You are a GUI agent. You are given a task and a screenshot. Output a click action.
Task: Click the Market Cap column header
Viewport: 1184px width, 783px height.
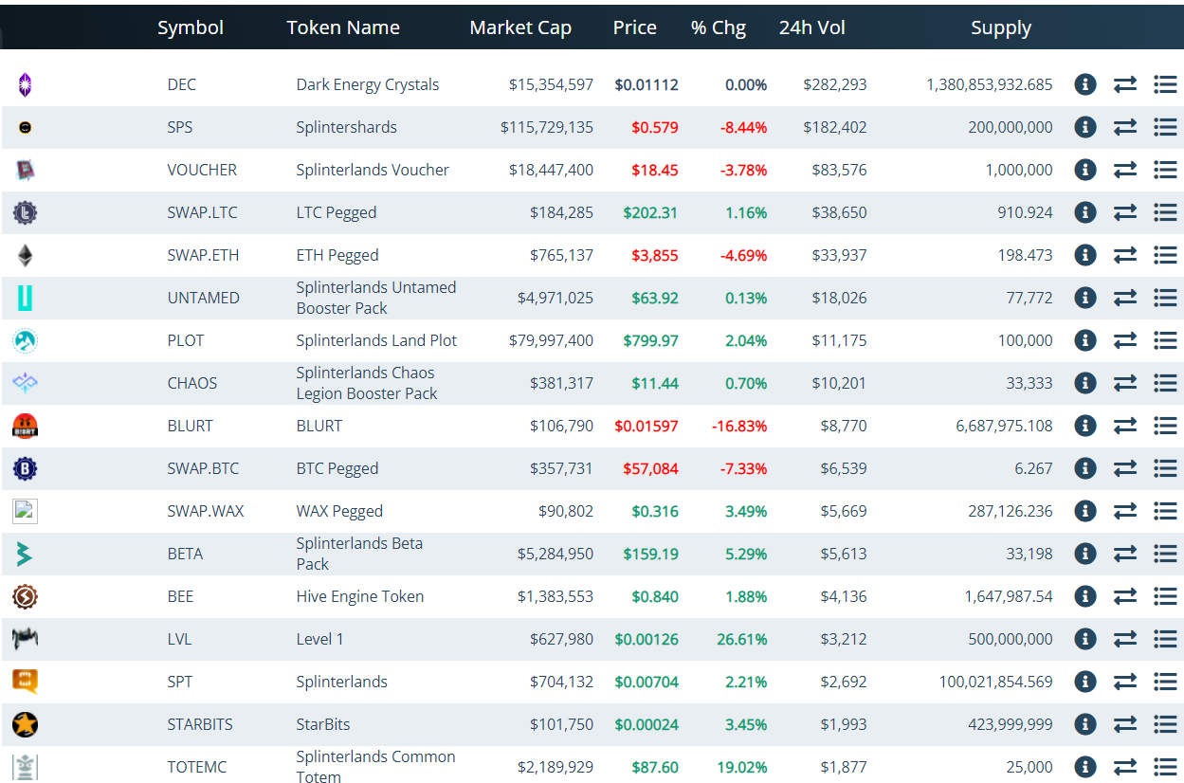point(520,27)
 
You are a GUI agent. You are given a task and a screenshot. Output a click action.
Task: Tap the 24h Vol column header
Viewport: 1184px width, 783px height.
point(811,27)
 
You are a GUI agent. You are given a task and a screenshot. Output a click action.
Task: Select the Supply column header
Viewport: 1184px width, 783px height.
point(1001,28)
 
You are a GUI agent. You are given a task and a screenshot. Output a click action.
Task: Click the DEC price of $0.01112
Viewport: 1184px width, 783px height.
point(646,84)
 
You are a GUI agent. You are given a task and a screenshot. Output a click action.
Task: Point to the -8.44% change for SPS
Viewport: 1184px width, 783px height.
point(743,127)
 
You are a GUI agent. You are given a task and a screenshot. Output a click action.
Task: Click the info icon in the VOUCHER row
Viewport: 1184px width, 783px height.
point(1084,170)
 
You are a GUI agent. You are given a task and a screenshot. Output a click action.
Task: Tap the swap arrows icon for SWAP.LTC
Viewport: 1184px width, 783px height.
point(1125,212)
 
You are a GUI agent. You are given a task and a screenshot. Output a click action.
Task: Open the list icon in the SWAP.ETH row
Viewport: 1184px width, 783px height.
point(1165,255)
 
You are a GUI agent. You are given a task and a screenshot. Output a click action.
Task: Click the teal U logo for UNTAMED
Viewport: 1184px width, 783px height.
point(25,298)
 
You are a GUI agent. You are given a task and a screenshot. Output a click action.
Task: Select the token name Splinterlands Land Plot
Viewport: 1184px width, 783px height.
point(375,340)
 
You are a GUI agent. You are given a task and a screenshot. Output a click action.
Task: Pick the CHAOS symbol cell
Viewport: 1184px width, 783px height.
point(191,383)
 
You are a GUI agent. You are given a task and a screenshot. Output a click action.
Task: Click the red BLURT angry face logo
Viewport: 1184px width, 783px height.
point(25,427)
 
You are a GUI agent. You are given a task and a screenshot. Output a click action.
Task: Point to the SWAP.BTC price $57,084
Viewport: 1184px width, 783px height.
point(650,469)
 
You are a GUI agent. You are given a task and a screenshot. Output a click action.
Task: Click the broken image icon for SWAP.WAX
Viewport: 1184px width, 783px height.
point(25,511)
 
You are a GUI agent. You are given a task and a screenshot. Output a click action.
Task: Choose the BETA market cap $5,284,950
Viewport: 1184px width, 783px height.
point(555,555)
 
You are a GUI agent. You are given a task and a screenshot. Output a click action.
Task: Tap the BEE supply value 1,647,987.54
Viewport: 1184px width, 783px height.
point(1009,596)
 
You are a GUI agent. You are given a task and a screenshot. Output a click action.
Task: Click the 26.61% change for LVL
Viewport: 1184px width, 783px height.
point(741,639)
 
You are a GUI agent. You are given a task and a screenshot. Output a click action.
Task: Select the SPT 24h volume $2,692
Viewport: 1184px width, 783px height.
point(843,682)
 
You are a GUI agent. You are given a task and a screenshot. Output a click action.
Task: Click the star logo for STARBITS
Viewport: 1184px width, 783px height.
point(25,724)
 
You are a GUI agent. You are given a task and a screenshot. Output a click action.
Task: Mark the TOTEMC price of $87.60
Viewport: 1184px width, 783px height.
point(655,767)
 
